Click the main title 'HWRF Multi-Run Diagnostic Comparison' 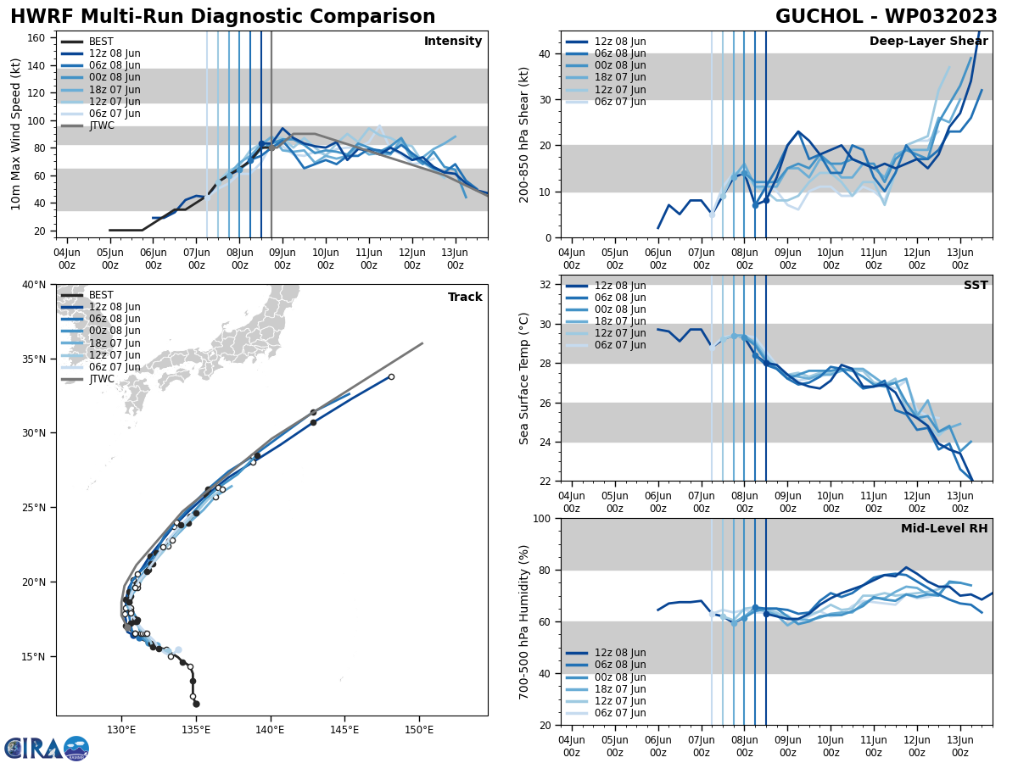[222, 17]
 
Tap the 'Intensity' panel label [453, 42]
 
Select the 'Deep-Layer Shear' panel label [928, 42]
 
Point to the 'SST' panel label [976, 286]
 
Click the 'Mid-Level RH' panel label [944, 529]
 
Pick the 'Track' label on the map [465, 298]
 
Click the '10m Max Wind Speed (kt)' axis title [15, 134]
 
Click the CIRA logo [47, 749]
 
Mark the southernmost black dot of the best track [196, 704]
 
